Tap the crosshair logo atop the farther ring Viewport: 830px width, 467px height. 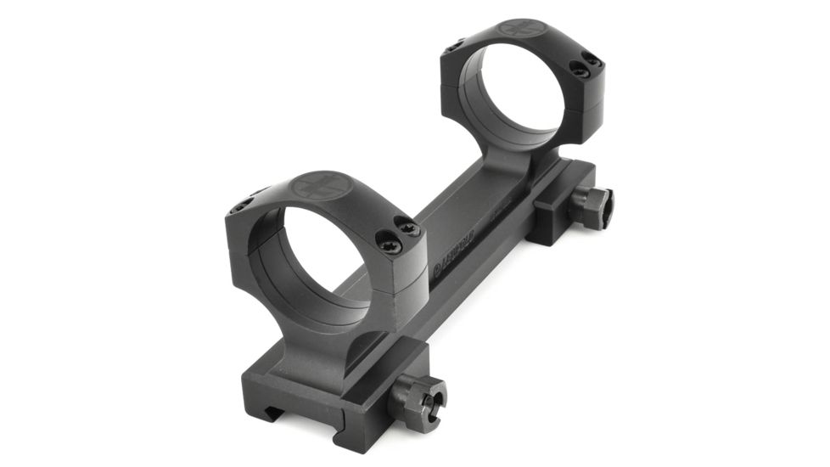click(520, 28)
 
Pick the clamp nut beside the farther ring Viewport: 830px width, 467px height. click(592, 207)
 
